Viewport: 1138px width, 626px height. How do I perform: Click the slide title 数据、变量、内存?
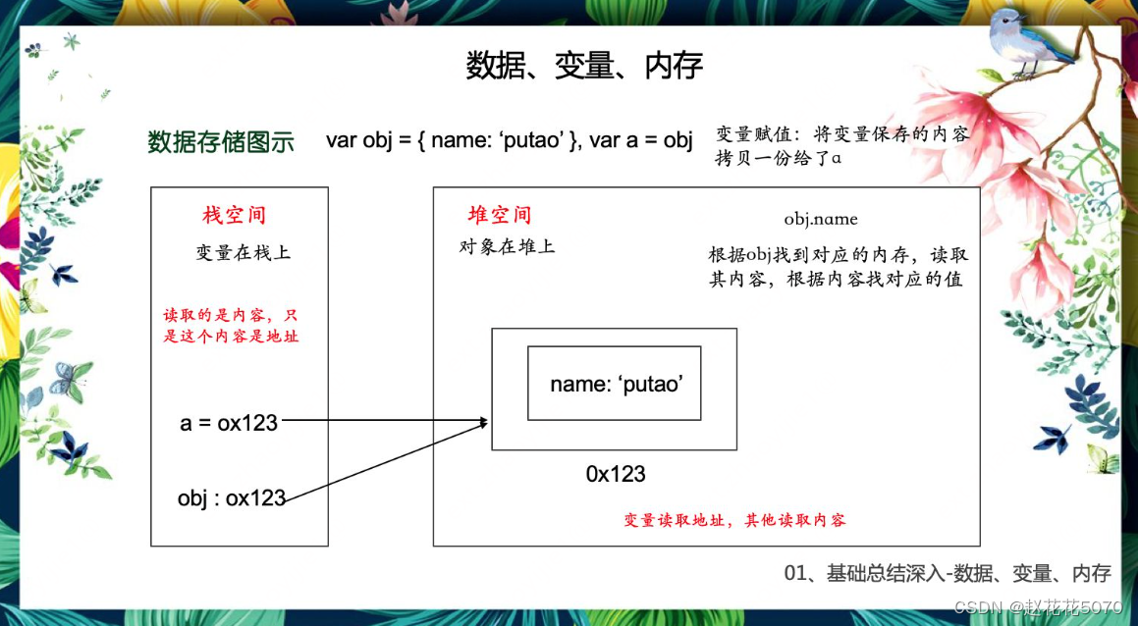tap(584, 66)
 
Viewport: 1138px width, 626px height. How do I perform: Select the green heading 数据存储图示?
tap(221, 141)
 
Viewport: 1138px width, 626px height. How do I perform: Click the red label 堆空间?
tap(500, 215)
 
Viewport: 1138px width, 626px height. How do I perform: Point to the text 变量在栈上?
tap(244, 253)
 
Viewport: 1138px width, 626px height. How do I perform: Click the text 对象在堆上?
tap(507, 246)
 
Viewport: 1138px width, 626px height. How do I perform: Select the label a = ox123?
tap(229, 423)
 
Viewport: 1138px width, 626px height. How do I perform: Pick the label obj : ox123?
tap(232, 497)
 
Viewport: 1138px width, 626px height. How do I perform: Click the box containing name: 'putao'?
tap(615, 384)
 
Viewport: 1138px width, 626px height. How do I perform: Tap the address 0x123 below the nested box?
tap(616, 475)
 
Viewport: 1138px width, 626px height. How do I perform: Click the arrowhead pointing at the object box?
tap(483, 423)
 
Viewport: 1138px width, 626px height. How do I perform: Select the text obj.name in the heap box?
tap(821, 218)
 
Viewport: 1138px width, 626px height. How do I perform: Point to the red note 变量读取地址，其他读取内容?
tap(734, 520)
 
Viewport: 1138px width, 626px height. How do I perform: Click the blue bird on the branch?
tap(1020, 41)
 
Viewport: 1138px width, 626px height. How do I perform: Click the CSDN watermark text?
tap(1038, 608)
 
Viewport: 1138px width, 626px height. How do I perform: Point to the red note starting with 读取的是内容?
tap(231, 327)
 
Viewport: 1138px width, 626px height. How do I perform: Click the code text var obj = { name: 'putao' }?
tap(453, 140)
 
